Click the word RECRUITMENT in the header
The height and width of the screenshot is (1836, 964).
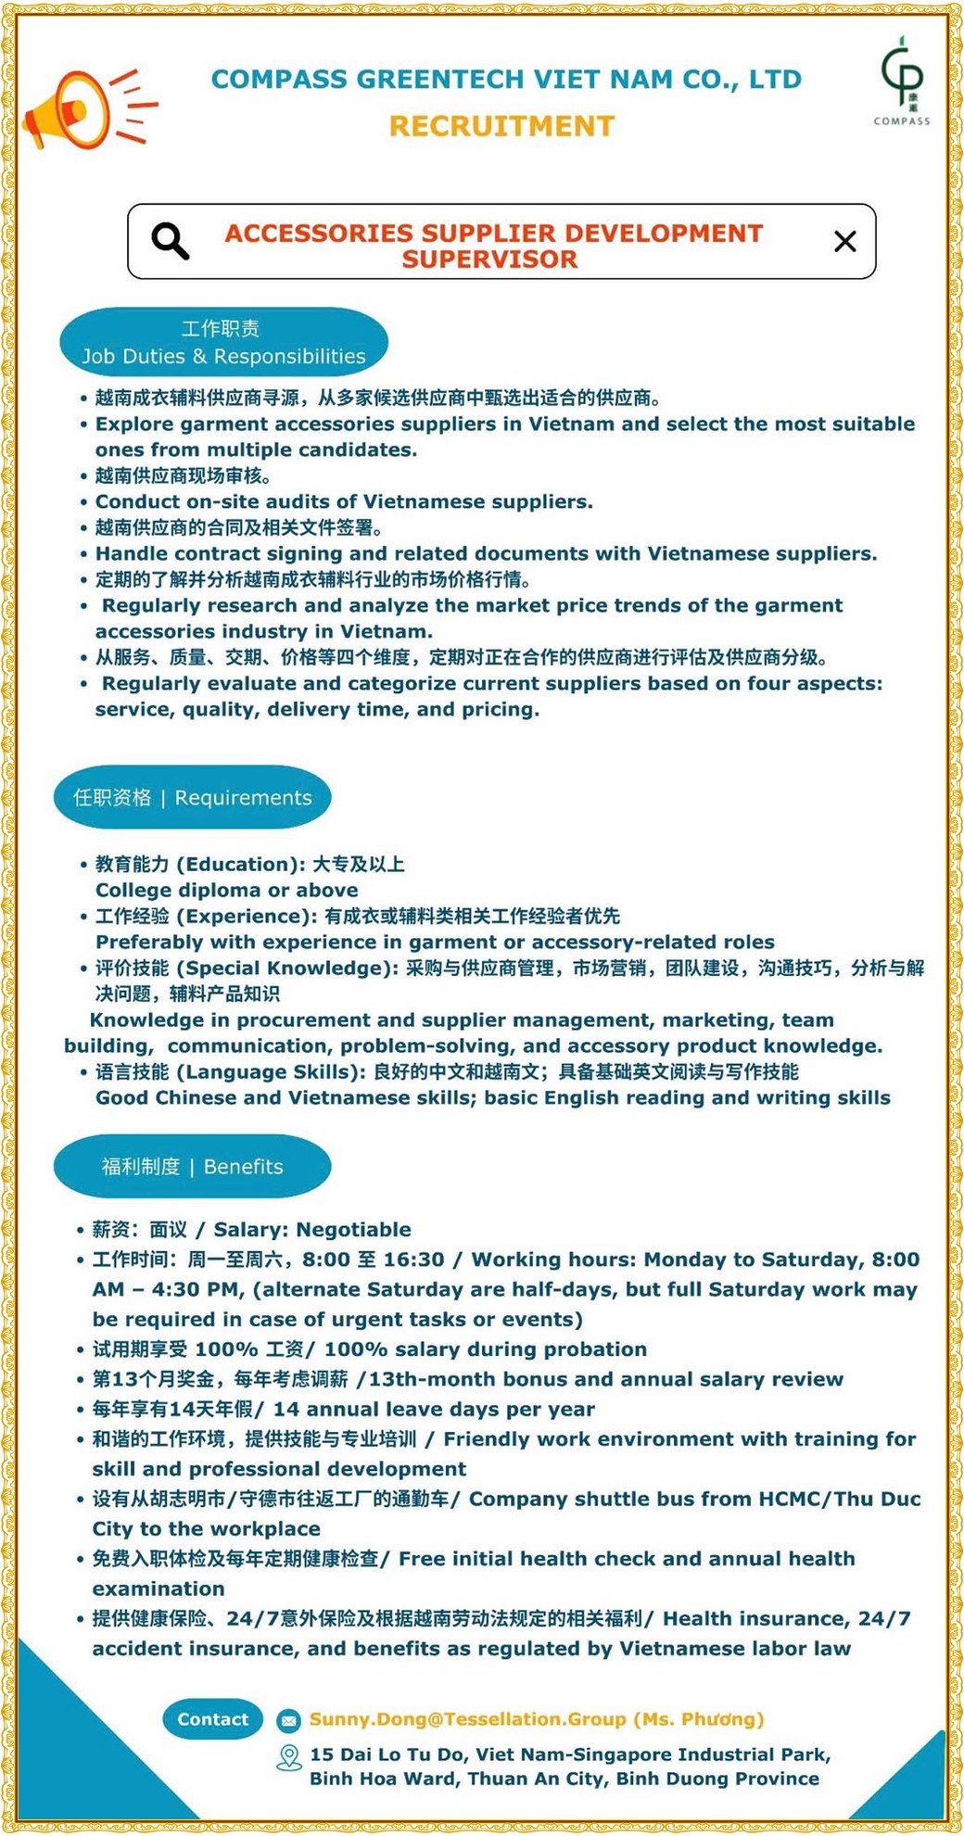click(x=501, y=126)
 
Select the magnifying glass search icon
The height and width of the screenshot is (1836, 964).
click(x=171, y=241)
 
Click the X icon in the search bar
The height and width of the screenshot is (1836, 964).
click(x=844, y=242)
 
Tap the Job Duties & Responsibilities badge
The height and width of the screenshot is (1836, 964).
click(x=223, y=343)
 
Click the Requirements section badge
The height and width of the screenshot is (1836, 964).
click(x=193, y=798)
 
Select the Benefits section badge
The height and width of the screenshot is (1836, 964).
click(x=193, y=1166)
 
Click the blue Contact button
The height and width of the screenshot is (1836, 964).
click(x=212, y=1719)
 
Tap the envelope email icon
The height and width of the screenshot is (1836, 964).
click(x=288, y=1720)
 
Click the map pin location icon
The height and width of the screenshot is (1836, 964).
click(x=289, y=1757)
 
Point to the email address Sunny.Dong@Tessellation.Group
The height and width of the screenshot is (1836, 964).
click(x=467, y=1719)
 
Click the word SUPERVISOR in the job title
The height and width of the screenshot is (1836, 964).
click(x=489, y=260)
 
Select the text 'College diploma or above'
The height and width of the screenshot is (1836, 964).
click(x=226, y=890)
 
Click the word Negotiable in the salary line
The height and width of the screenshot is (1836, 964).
click(x=353, y=1230)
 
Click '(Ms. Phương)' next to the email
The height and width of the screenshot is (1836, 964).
click(x=699, y=1719)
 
